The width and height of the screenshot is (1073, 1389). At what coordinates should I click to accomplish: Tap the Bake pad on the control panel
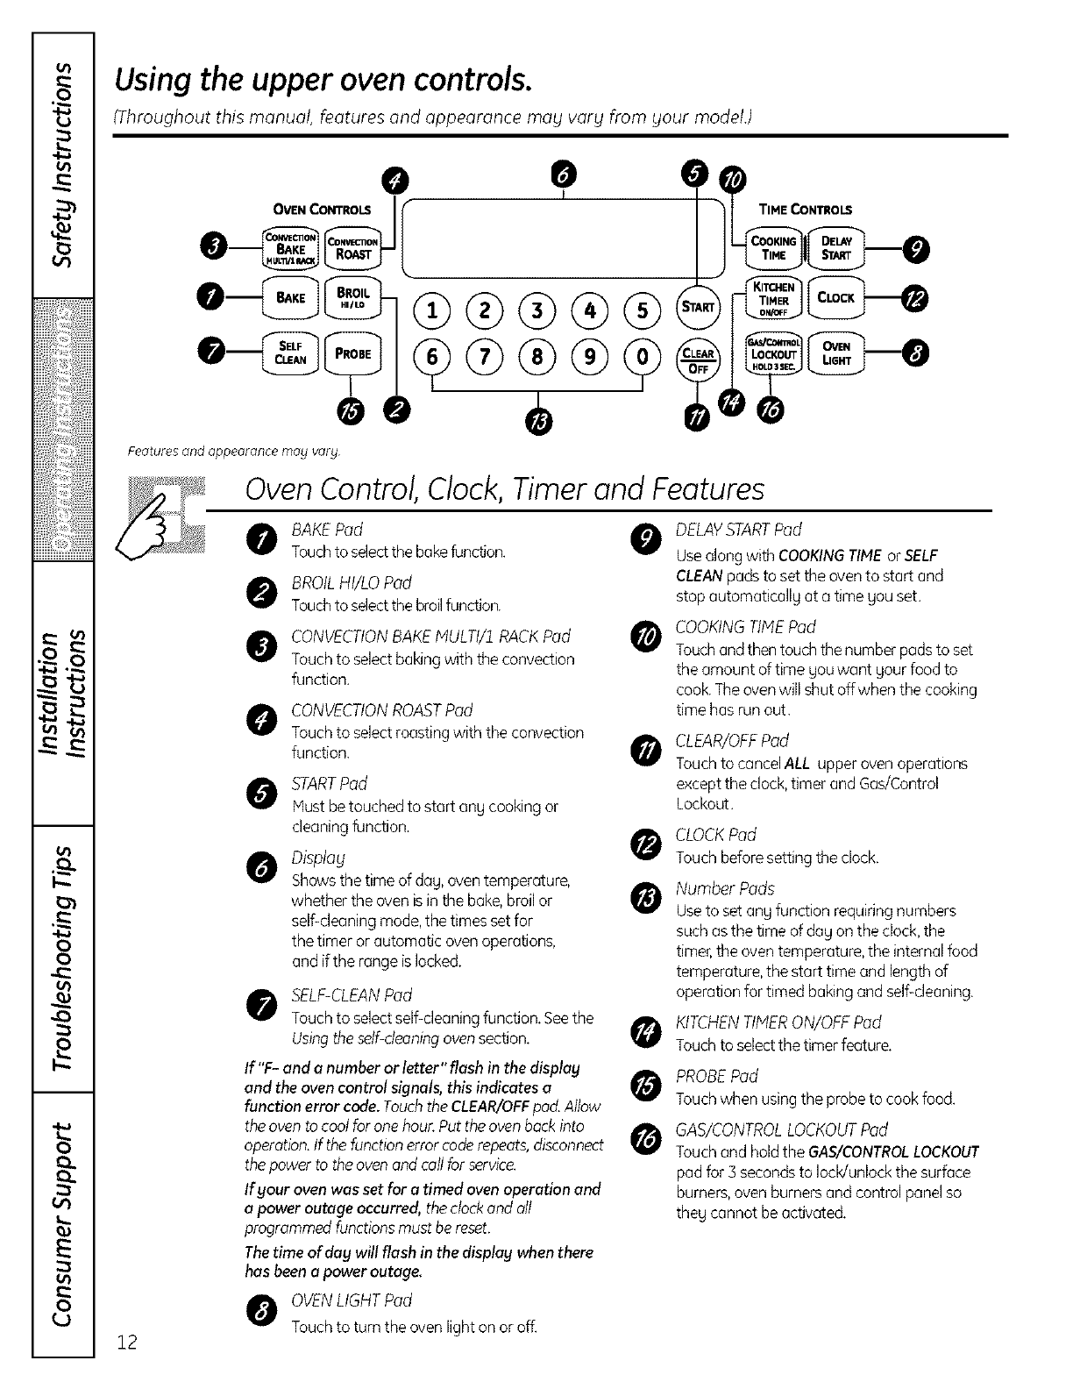click(x=290, y=298)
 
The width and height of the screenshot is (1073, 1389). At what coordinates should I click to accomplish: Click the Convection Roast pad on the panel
click(x=352, y=248)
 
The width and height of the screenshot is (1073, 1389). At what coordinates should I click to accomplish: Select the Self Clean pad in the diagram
click(x=290, y=353)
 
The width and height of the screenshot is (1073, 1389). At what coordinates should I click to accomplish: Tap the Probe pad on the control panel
click(x=352, y=353)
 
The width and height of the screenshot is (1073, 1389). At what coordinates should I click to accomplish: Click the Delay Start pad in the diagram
click(x=836, y=248)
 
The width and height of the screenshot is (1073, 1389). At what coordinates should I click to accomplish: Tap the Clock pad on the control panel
click(x=836, y=298)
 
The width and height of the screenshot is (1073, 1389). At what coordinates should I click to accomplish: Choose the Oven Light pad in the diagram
click(x=836, y=353)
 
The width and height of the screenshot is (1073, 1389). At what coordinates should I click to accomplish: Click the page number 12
click(x=128, y=1343)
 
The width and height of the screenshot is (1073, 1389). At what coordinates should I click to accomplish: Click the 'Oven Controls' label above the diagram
click(x=323, y=210)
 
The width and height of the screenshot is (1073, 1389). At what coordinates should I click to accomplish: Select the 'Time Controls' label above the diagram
click(x=805, y=210)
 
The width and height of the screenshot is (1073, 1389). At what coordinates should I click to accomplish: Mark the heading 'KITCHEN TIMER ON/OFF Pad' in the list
click(x=778, y=1022)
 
